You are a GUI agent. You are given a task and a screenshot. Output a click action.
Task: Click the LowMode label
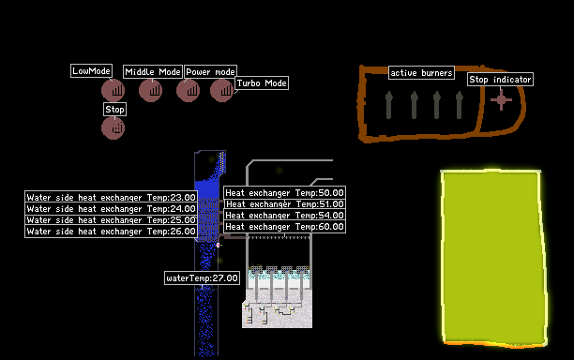pyautogui.click(x=91, y=71)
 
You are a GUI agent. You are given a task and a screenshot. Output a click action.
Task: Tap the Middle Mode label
pyautogui.click(x=153, y=72)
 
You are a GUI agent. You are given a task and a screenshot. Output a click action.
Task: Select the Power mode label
pyautogui.click(x=210, y=72)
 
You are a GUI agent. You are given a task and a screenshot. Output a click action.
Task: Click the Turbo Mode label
pyautogui.click(x=262, y=83)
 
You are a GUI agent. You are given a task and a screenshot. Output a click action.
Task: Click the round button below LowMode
pyautogui.click(x=113, y=90)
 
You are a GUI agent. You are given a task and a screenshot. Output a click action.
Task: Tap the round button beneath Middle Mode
pyautogui.click(x=150, y=90)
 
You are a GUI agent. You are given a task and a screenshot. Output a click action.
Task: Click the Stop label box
pyautogui.click(x=115, y=110)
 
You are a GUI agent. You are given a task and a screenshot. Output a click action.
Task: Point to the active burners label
pyautogui.click(x=421, y=73)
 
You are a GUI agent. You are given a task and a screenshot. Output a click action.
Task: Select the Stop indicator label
pyautogui.click(x=500, y=80)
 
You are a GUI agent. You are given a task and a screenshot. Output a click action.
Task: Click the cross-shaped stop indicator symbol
pyautogui.click(x=501, y=100)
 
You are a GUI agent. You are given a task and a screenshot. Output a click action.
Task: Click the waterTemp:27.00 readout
pyautogui.click(x=202, y=278)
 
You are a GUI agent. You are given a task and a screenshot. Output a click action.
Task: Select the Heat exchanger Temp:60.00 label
pyautogui.click(x=284, y=227)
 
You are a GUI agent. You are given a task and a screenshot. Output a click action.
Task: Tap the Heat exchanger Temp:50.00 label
pyautogui.click(x=284, y=193)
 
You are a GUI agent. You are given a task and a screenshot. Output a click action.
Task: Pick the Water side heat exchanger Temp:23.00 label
pyautogui.click(x=111, y=198)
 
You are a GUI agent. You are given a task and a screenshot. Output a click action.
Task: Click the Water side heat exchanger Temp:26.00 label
pyautogui.click(x=111, y=232)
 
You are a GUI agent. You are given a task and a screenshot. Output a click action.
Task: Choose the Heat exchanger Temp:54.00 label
pyautogui.click(x=284, y=216)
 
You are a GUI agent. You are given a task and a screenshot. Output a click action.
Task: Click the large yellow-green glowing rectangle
pyautogui.click(x=494, y=258)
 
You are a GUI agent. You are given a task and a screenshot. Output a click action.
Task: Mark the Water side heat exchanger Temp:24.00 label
pyautogui.click(x=111, y=209)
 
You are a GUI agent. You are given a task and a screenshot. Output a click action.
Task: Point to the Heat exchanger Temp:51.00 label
pyautogui.click(x=284, y=204)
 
